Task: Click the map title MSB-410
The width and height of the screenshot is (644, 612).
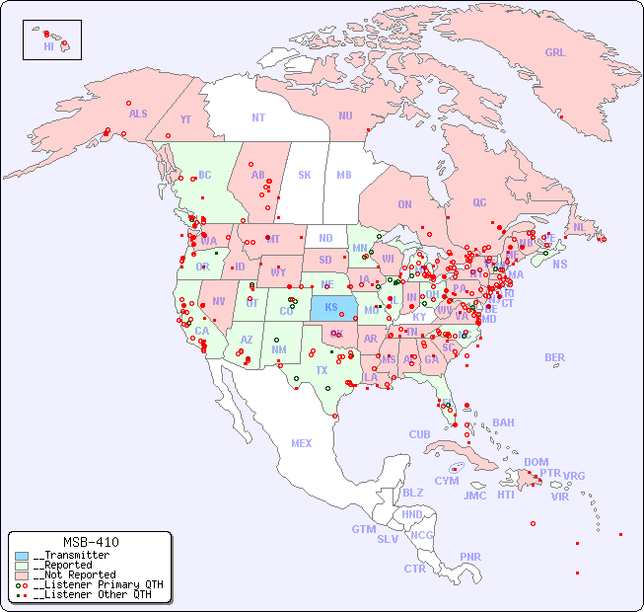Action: pyautogui.click(x=90, y=542)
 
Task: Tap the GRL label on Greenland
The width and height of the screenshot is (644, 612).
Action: pyautogui.click(x=555, y=53)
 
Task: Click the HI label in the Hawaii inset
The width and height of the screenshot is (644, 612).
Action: pyautogui.click(x=48, y=46)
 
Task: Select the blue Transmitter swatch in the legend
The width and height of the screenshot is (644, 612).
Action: pyautogui.click(x=22, y=556)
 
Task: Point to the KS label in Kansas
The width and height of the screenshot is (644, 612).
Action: pyautogui.click(x=330, y=307)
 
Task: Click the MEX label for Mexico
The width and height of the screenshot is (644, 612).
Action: pyautogui.click(x=302, y=443)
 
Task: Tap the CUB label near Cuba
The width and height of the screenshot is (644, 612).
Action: pyautogui.click(x=419, y=434)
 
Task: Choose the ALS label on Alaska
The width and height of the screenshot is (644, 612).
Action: pyautogui.click(x=138, y=114)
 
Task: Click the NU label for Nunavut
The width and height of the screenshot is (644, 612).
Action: pyautogui.click(x=345, y=115)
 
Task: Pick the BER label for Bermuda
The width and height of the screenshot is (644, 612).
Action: pyautogui.click(x=554, y=357)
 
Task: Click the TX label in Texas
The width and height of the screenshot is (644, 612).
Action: pyautogui.click(x=322, y=370)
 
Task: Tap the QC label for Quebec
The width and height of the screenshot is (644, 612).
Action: pyautogui.click(x=479, y=202)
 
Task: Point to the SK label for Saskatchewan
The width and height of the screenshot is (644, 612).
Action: pyautogui.click(x=305, y=175)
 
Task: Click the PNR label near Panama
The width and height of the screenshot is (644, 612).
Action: pyautogui.click(x=470, y=557)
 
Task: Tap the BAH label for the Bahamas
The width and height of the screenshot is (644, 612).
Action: pyautogui.click(x=503, y=422)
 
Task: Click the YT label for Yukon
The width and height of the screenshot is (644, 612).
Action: pyautogui.click(x=185, y=119)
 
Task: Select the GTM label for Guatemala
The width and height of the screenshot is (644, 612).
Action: pyautogui.click(x=363, y=529)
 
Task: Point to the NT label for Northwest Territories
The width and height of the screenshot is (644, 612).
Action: pyautogui.click(x=258, y=117)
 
